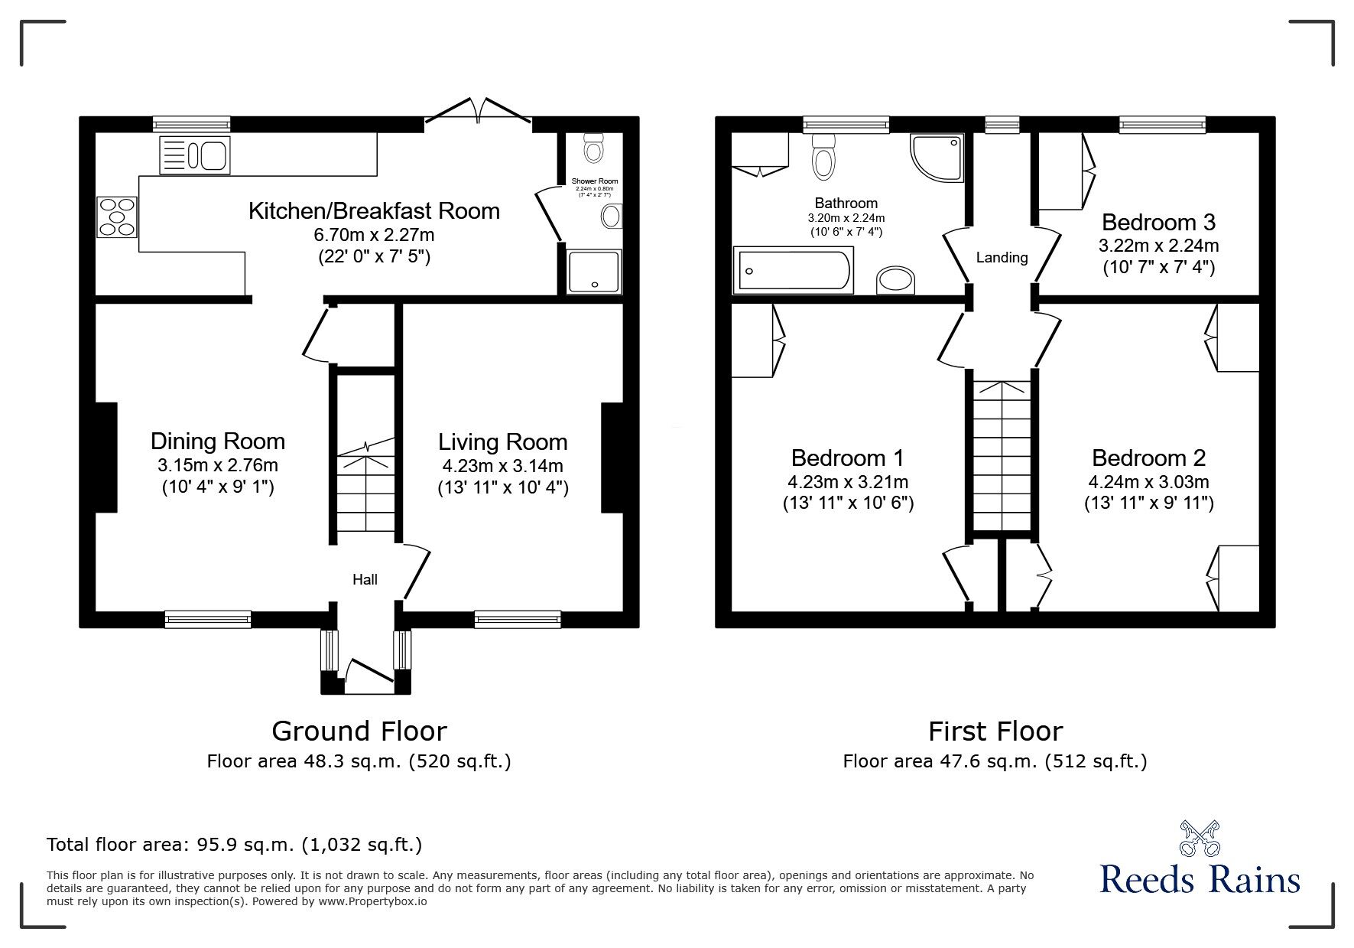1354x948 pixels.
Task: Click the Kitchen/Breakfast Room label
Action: pos(374,210)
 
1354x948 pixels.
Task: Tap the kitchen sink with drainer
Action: pos(194,155)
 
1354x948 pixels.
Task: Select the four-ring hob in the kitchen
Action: pos(117,217)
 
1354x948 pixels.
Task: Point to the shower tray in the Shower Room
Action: pos(595,271)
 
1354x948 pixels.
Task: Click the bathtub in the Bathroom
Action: pos(793,270)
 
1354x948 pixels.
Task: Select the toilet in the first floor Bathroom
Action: pos(823,156)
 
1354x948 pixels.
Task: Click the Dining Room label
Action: pos(218,441)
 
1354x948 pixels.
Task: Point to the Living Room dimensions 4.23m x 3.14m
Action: pos(503,466)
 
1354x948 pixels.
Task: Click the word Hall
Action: pos(365,580)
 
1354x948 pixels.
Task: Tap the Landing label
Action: pos(1002,258)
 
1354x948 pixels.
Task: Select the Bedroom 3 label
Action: pos(1158,223)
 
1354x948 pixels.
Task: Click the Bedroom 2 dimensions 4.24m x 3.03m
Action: pos(1148,482)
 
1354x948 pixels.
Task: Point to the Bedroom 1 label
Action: pos(847,458)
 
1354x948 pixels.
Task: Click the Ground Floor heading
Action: pos(359,731)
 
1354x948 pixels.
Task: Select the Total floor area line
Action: pos(234,845)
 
